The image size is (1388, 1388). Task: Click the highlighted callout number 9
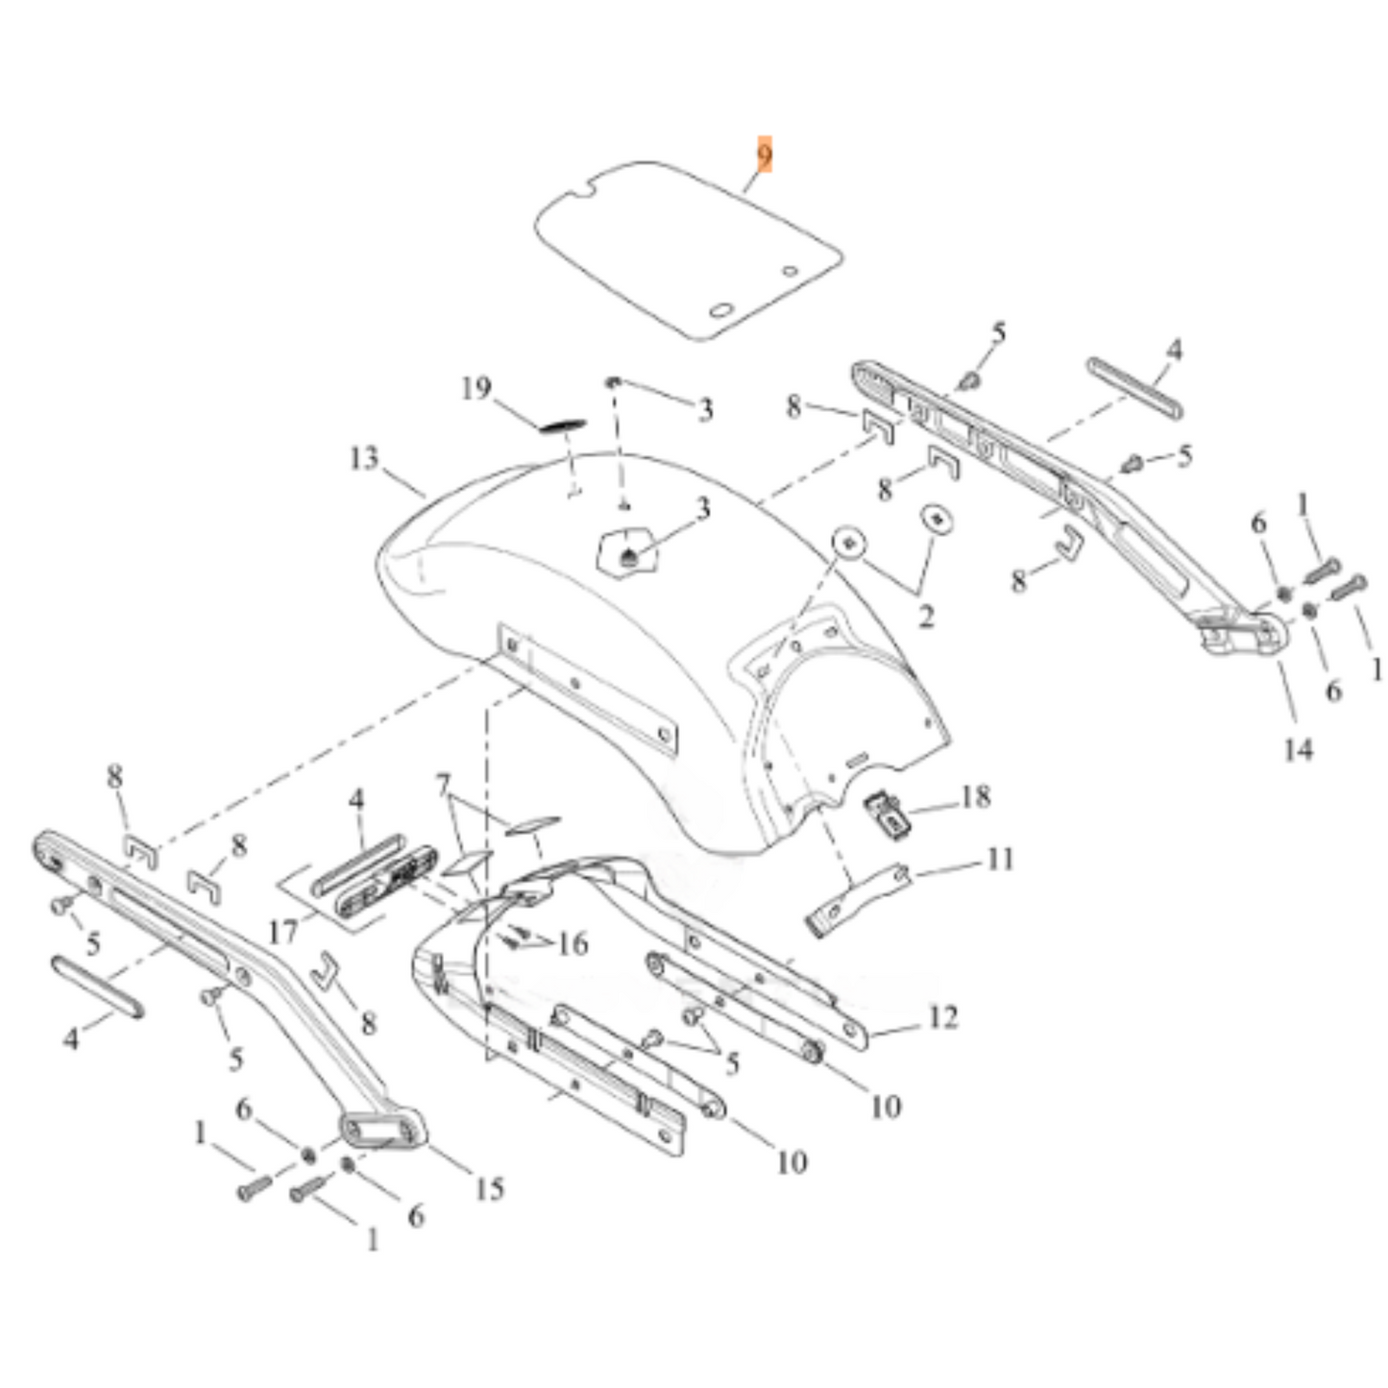(x=764, y=155)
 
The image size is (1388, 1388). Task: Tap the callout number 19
(x=475, y=389)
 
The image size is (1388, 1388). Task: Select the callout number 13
(x=364, y=458)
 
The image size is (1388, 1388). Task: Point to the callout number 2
(x=925, y=616)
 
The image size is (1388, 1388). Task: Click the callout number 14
(x=1298, y=748)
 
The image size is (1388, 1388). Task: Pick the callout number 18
(x=974, y=796)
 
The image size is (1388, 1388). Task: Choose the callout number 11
(x=1000, y=859)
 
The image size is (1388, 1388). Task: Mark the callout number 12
(x=942, y=1017)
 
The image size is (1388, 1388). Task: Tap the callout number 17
(x=283, y=931)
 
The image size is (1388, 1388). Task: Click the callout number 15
(x=488, y=1188)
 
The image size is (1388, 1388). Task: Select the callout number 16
(x=572, y=944)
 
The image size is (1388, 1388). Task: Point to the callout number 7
(x=443, y=786)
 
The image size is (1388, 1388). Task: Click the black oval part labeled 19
(x=562, y=425)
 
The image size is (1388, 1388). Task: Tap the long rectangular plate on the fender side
(x=588, y=688)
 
